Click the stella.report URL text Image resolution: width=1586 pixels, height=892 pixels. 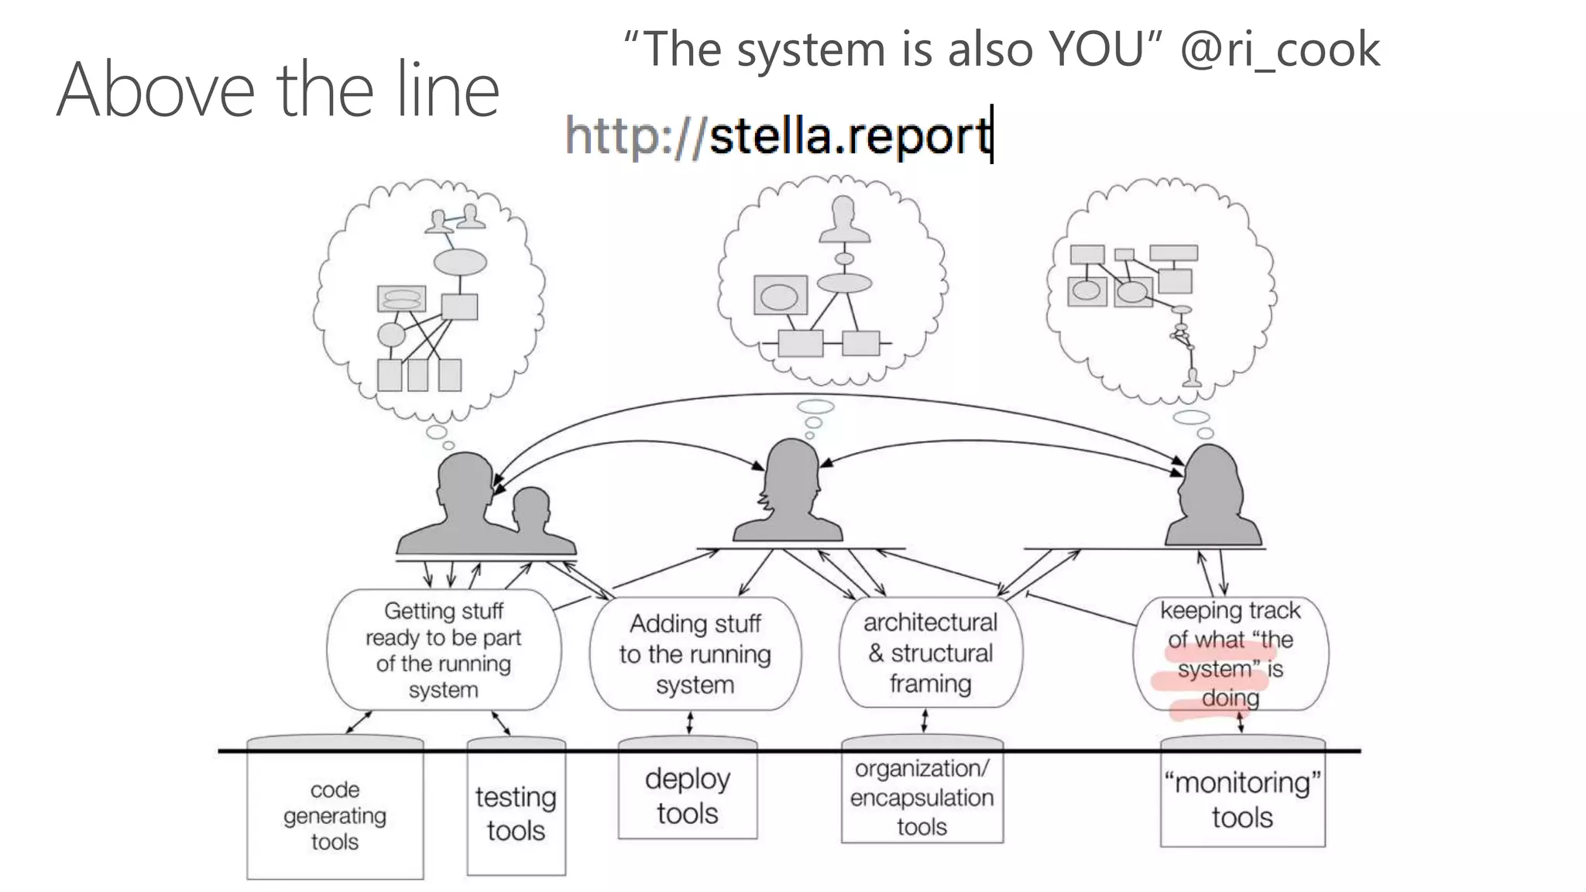pyautogui.click(x=778, y=136)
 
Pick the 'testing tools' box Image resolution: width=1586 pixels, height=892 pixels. pyautogui.click(x=516, y=813)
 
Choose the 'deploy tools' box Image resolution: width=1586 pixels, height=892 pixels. pyautogui.click(x=687, y=796)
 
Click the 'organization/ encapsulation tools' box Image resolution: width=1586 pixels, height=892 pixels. pyautogui.click(x=922, y=798)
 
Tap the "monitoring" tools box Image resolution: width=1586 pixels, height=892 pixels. pyautogui.click(x=1242, y=800)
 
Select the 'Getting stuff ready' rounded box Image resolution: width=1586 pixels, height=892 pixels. pyautogui.click(x=444, y=650)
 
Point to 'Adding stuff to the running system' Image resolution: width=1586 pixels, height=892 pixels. pyautogui.click(x=695, y=654)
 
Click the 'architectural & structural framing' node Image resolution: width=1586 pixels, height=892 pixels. pyautogui.click(x=930, y=653)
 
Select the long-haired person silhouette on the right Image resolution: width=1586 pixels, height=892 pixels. pyautogui.click(x=1211, y=496)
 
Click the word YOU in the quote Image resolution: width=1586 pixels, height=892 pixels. pyautogui.click(x=1096, y=50)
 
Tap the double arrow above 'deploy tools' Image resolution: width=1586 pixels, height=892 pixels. pyautogui.click(x=690, y=723)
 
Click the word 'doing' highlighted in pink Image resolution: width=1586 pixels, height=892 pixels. pyautogui.click(x=1230, y=698)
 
